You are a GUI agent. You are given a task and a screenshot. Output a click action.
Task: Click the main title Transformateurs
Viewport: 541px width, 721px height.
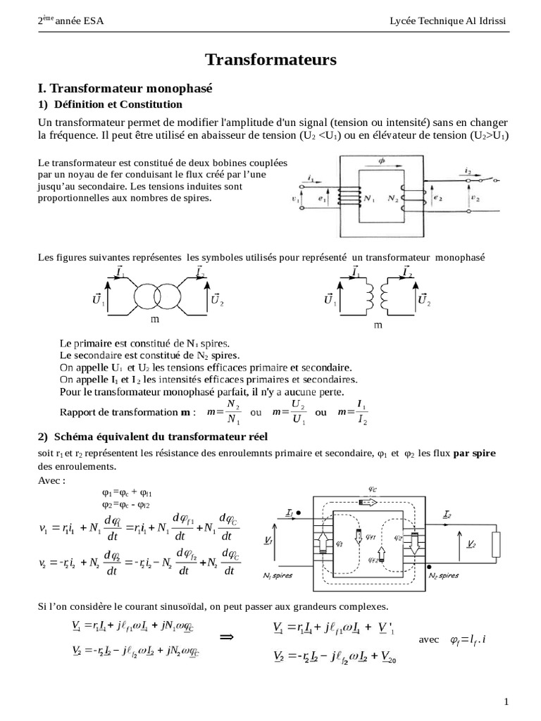pyautogui.click(x=270, y=61)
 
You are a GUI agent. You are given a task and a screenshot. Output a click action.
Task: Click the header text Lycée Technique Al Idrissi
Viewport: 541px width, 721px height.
pyautogui.click(x=447, y=21)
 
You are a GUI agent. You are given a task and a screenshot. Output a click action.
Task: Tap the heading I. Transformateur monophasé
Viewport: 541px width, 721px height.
pyautogui.click(x=125, y=89)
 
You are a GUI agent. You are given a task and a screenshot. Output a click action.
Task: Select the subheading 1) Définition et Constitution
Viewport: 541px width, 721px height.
pyautogui.click(x=110, y=104)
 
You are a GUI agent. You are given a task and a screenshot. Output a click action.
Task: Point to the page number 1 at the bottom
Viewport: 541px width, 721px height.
pyautogui.click(x=506, y=701)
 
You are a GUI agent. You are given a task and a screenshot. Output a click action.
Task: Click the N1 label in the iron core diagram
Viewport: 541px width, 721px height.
pyautogui.click(x=368, y=199)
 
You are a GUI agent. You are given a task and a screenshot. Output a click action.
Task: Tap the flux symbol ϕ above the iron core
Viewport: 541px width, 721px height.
pyautogui.click(x=382, y=161)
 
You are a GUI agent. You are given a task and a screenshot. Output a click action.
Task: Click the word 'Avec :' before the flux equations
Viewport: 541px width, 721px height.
pyautogui.click(x=51, y=480)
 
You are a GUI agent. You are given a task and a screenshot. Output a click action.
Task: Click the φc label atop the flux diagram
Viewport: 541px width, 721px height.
pyautogui.click(x=371, y=487)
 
